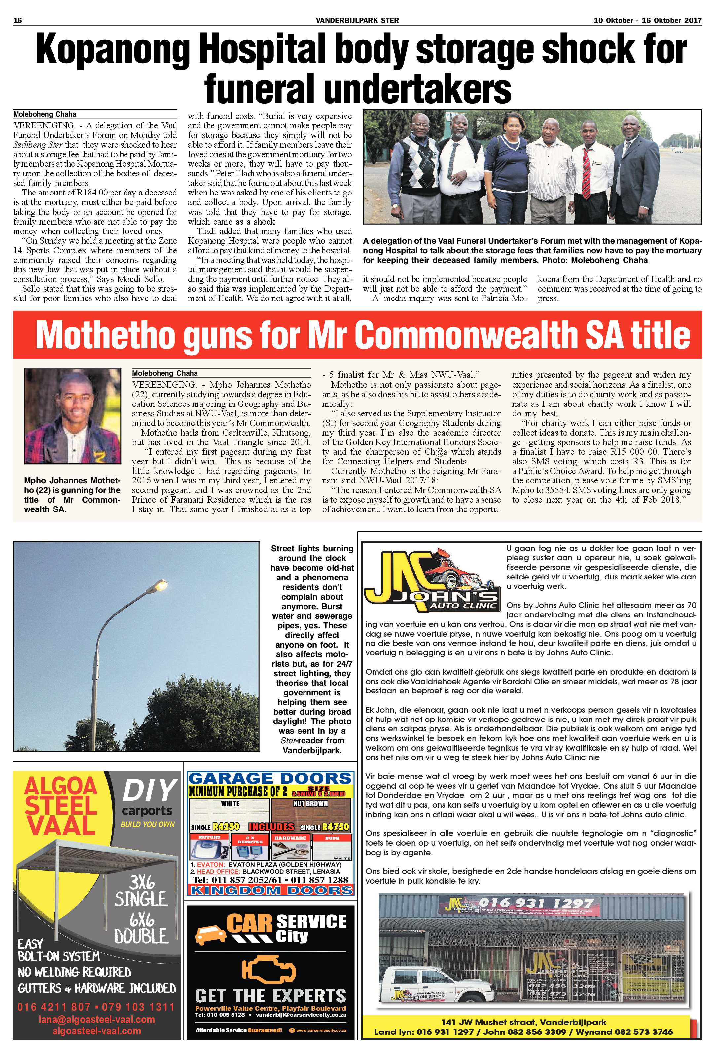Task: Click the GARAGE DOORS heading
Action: coord(270,778)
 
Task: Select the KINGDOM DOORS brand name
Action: coord(270,890)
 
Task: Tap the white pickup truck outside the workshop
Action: coord(426,992)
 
